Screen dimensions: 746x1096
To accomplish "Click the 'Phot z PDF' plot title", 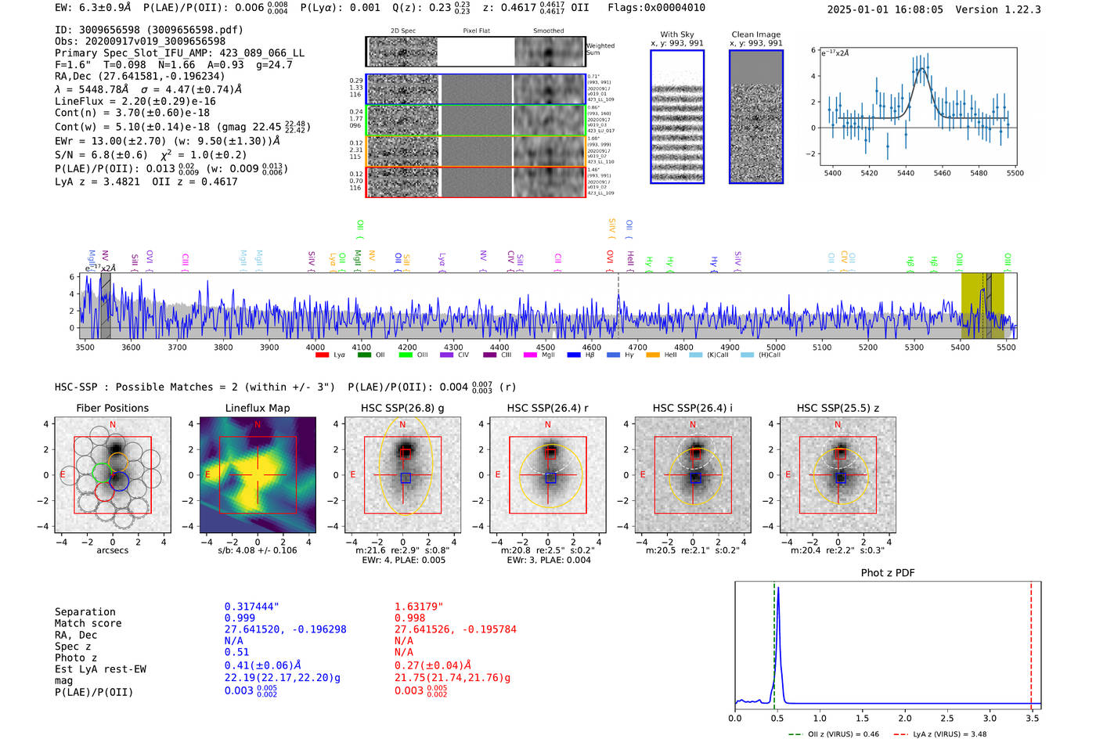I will pyautogui.click(x=887, y=573).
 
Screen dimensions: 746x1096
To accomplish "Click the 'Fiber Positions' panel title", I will pyautogui.click(x=112, y=408).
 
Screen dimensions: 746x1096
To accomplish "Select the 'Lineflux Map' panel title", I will pyautogui.click(x=257, y=408).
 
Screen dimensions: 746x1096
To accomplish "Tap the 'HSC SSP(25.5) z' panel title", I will pyautogui.click(x=838, y=408).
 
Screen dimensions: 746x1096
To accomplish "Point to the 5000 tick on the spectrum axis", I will pyautogui.click(x=776, y=347).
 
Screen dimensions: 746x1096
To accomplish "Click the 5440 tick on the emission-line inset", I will pyautogui.click(x=906, y=173).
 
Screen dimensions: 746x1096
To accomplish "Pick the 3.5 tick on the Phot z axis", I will pyautogui.click(x=1032, y=718).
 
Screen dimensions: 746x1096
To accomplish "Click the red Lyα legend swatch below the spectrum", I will pyautogui.click(x=322, y=355).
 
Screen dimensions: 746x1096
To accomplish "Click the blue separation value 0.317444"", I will pyautogui.click(x=251, y=607).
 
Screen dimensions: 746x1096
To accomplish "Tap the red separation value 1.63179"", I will pyautogui.click(x=418, y=607).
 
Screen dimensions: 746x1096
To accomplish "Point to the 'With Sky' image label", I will pyautogui.click(x=676, y=34).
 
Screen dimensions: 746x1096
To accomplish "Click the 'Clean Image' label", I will pyautogui.click(x=755, y=34).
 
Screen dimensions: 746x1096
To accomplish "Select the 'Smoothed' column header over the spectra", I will pyautogui.click(x=548, y=31).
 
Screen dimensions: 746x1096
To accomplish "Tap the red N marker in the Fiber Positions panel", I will pyautogui.click(x=113, y=425).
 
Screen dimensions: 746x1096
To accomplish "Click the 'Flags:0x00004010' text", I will pyautogui.click(x=656, y=8).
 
